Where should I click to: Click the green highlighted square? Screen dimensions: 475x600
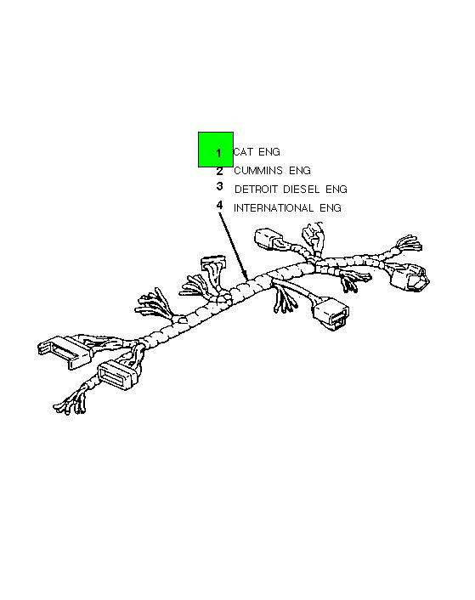pos(216,150)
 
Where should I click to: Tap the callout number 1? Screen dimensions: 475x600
pos(218,154)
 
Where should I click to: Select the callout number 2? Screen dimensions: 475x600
pos(219,172)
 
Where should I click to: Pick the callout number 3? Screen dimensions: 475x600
pos(219,186)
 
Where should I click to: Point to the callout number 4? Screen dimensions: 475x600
pos(219,205)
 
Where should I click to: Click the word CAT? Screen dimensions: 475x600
pos(243,152)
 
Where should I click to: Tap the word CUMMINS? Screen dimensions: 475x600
pos(258,170)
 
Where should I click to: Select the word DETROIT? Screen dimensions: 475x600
pos(256,189)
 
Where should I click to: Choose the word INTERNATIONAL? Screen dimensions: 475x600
pos(274,207)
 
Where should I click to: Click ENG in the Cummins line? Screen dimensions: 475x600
pos(300,170)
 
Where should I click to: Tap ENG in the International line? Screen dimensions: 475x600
pos(331,207)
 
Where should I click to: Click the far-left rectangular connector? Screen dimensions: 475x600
pos(65,352)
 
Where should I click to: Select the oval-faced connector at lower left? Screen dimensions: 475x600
pos(119,374)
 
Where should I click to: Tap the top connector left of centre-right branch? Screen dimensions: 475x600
pos(269,239)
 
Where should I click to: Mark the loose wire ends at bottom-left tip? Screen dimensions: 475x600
pos(70,404)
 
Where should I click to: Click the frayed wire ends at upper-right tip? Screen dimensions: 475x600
pos(409,243)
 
